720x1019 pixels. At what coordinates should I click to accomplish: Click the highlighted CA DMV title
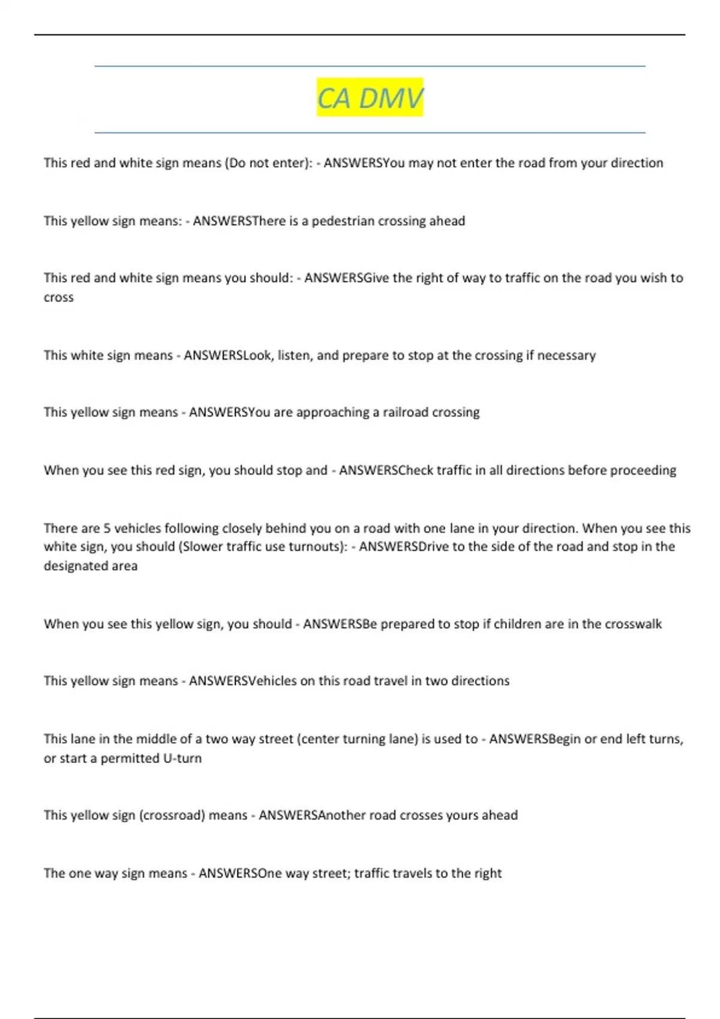370,98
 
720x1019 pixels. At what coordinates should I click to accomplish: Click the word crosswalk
633,624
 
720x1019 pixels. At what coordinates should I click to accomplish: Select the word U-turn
182,758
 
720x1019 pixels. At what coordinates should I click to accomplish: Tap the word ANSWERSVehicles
243,681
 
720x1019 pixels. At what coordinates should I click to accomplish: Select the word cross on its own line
59,297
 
